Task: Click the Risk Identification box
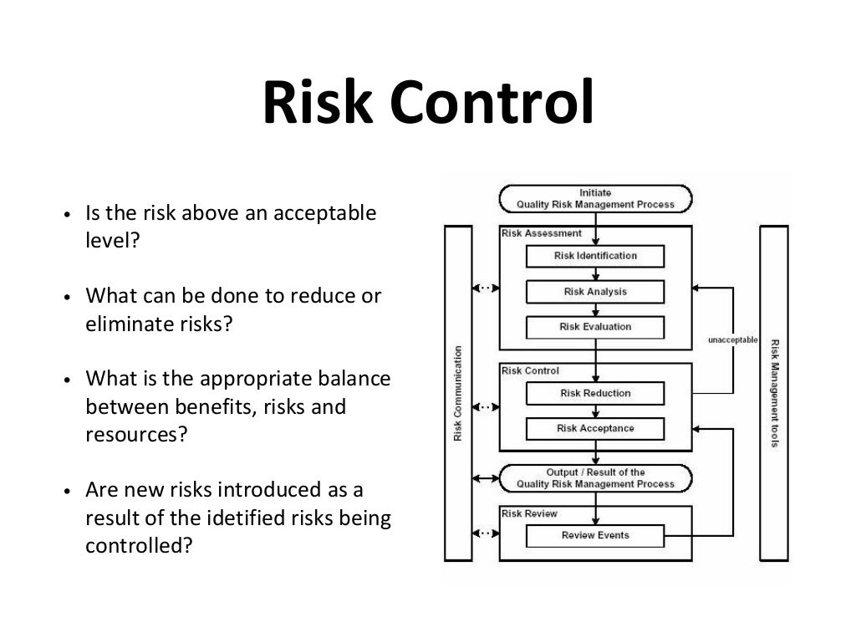coord(595,256)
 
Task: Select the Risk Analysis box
coord(595,292)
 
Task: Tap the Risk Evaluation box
coord(595,327)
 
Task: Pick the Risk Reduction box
coord(595,393)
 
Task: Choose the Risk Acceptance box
coord(595,429)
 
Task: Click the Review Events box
coord(595,535)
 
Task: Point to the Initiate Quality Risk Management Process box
coord(595,198)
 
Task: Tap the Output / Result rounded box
coord(595,478)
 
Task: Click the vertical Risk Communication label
coord(458,393)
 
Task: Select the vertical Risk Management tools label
coord(775,393)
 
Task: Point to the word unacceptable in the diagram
coord(731,340)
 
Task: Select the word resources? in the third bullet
coord(134,434)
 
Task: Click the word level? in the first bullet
coord(110,241)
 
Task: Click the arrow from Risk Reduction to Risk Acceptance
coord(595,411)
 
